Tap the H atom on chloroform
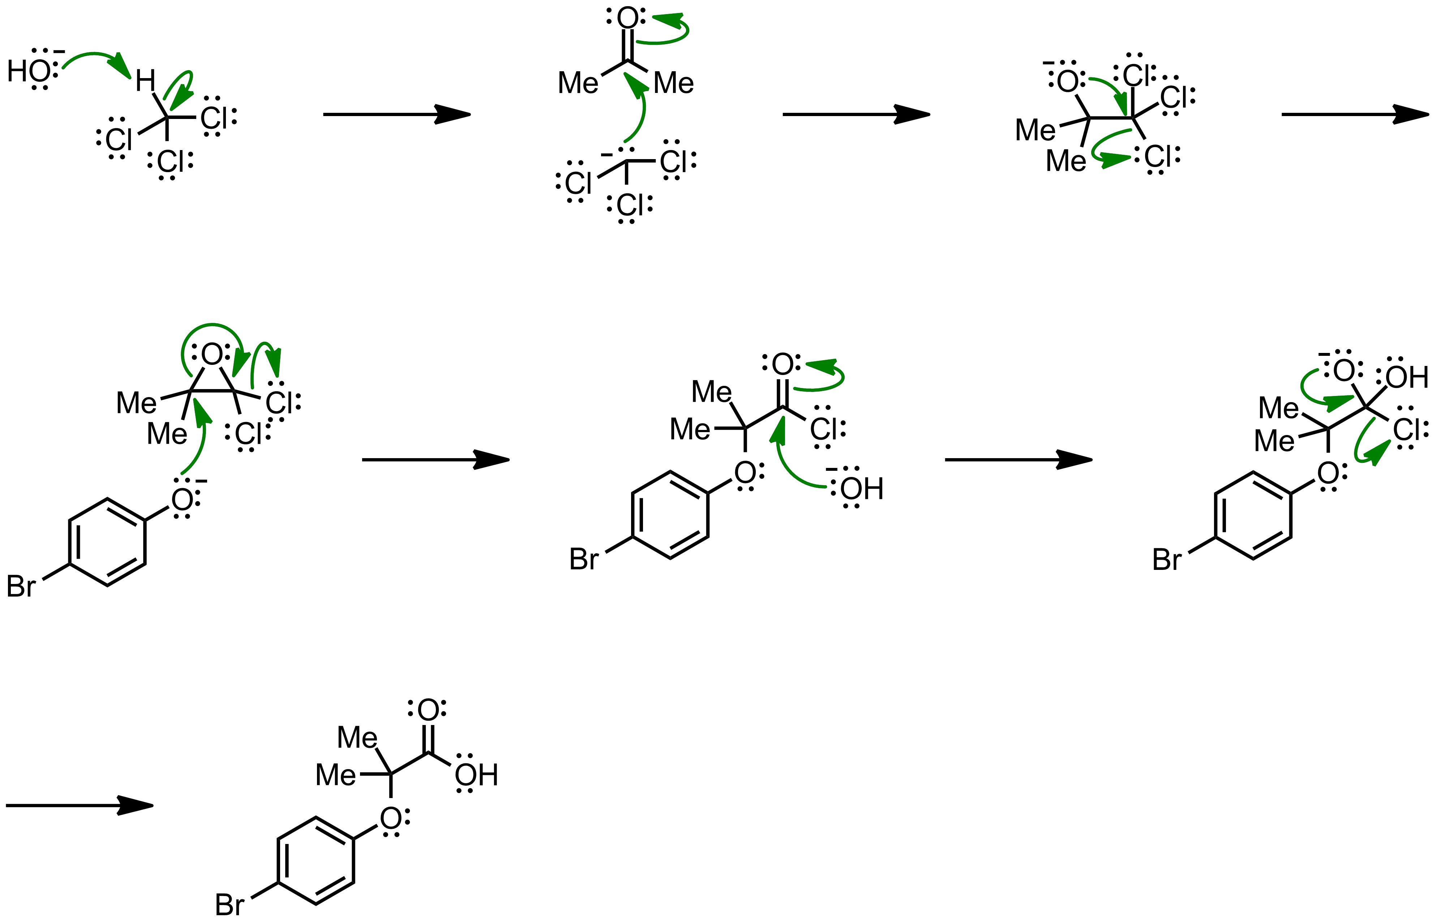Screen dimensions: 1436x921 pyautogui.click(x=145, y=81)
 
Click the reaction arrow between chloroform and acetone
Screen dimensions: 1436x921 pyautogui.click(x=397, y=114)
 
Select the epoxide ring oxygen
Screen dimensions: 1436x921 pyautogui.click(x=212, y=355)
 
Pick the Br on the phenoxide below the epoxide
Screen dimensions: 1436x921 pyautogui.click(x=21, y=586)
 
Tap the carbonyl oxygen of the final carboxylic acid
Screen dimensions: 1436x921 pyautogui.click(x=428, y=710)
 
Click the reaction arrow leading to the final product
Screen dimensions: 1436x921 pyautogui.click(x=80, y=806)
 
